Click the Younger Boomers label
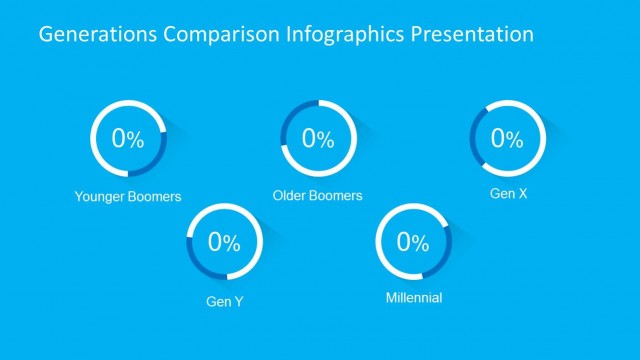[128, 196]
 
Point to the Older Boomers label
[318, 195]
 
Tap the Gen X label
[508, 192]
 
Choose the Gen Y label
[224, 300]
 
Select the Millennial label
[414, 298]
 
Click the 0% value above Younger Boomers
[128, 139]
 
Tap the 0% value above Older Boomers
[318, 139]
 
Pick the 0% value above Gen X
[508, 139]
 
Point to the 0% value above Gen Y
[224, 242]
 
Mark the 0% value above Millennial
[414, 242]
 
